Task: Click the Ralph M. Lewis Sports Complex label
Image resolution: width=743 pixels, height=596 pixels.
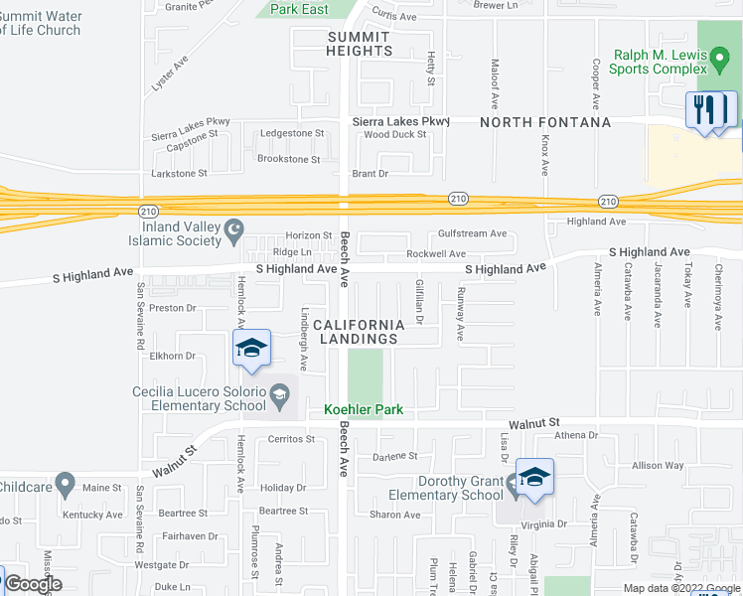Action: (658, 62)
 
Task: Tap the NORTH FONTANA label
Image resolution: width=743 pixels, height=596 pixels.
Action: (545, 122)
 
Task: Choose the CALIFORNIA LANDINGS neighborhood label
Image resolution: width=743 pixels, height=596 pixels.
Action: (359, 332)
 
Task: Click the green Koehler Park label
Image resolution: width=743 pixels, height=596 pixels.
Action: (366, 409)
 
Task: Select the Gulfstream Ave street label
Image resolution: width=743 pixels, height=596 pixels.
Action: (473, 234)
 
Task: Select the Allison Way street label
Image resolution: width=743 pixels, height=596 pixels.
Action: (659, 465)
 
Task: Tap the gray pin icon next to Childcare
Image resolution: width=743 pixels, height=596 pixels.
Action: (66, 486)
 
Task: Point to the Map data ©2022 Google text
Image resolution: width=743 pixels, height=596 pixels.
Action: (680, 588)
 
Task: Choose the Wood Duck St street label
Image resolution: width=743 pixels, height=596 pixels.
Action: (394, 135)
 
